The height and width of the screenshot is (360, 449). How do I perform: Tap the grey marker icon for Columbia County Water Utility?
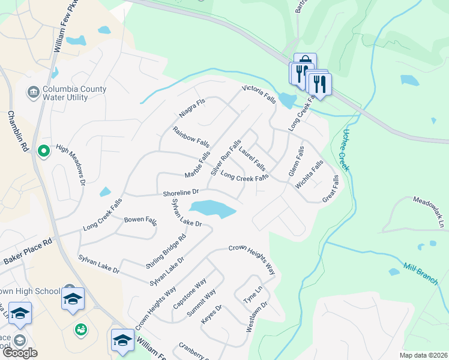click(x=32, y=92)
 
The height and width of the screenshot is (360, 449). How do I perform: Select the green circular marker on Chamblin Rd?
click(x=43, y=152)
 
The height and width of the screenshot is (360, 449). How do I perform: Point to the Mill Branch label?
click(x=421, y=274)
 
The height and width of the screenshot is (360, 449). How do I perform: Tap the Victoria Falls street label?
click(x=259, y=95)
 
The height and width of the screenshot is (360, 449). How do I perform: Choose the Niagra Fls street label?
click(x=192, y=107)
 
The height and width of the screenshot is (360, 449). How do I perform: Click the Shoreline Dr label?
click(x=181, y=193)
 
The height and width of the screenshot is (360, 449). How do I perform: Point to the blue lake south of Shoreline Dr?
click(x=212, y=209)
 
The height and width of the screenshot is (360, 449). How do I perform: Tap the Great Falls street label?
click(x=330, y=188)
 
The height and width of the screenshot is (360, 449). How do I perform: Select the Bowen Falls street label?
click(x=140, y=220)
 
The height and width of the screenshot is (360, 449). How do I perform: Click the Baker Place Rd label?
click(x=28, y=251)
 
